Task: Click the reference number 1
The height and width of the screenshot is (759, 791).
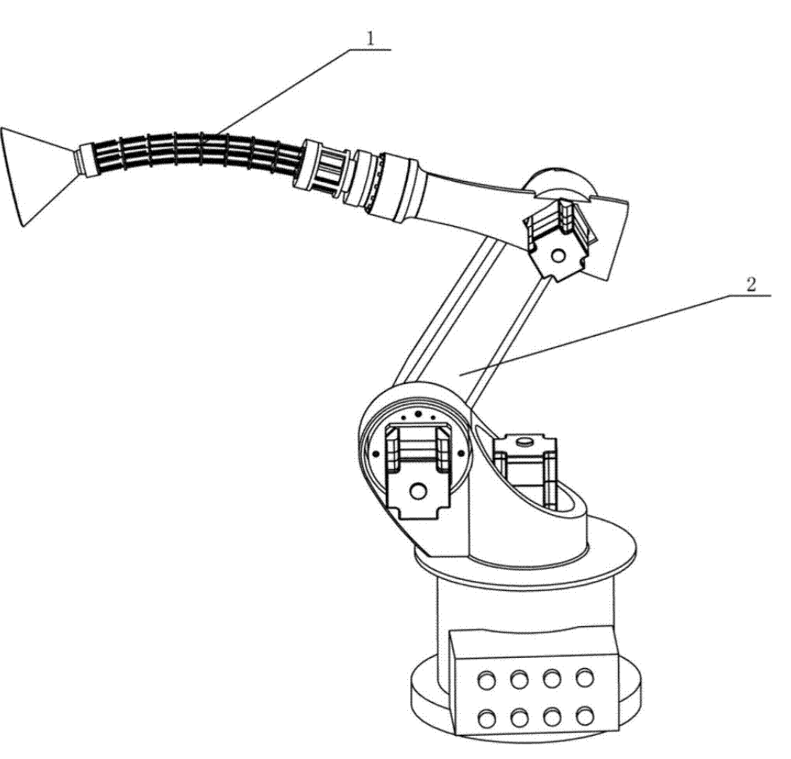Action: (x=371, y=39)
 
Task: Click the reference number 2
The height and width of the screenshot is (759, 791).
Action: (x=751, y=284)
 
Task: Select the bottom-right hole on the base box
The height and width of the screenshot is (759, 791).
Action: (x=585, y=717)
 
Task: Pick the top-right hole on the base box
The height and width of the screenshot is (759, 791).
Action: (x=585, y=678)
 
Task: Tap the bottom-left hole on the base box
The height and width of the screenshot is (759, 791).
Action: (x=487, y=719)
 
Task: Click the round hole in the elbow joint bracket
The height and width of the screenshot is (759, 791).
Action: (x=558, y=256)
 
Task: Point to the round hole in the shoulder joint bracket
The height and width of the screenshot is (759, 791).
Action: (x=418, y=490)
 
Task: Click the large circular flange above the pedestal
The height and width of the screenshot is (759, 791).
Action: (x=525, y=555)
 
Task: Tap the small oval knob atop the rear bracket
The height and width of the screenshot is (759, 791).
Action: (x=525, y=441)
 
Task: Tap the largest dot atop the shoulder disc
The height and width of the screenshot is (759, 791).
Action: (x=418, y=414)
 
